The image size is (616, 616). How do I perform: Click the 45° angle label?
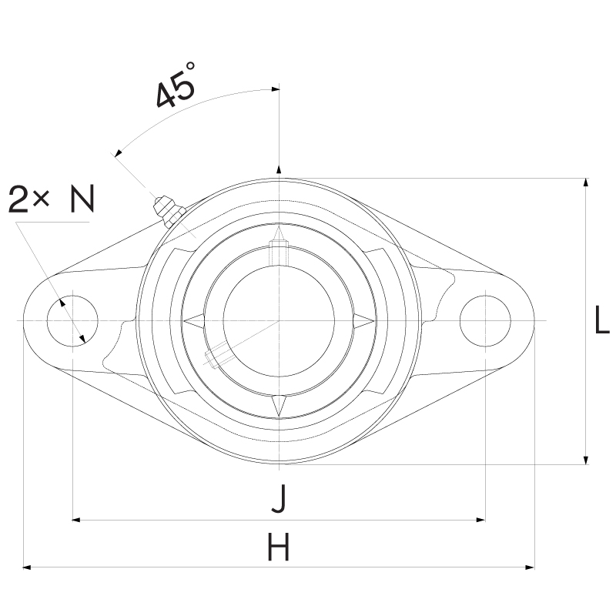(176, 85)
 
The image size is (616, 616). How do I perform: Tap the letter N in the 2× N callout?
(82, 199)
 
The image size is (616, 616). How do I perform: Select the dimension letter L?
(601, 320)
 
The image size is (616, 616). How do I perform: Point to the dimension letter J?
(280, 498)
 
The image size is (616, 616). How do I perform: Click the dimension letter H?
(279, 547)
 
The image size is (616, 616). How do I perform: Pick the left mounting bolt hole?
(72, 321)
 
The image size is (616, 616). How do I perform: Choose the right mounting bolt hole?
(485, 321)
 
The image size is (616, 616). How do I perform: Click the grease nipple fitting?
(168, 211)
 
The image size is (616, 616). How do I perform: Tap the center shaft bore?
(279, 320)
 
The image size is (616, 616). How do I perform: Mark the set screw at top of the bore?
(279, 252)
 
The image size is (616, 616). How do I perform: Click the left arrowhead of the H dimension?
(27, 567)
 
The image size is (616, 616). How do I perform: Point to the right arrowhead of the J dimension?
(480, 520)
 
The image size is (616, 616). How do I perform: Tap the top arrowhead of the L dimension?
(586, 182)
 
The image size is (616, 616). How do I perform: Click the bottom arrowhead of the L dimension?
(586, 460)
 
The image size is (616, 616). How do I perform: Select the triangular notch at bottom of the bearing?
(279, 406)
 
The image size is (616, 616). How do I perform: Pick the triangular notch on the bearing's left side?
(194, 320)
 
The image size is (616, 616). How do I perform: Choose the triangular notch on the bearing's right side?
(363, 320)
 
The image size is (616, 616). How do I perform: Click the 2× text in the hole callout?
(28, 199)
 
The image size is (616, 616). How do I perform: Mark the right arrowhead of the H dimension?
(530, 567)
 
